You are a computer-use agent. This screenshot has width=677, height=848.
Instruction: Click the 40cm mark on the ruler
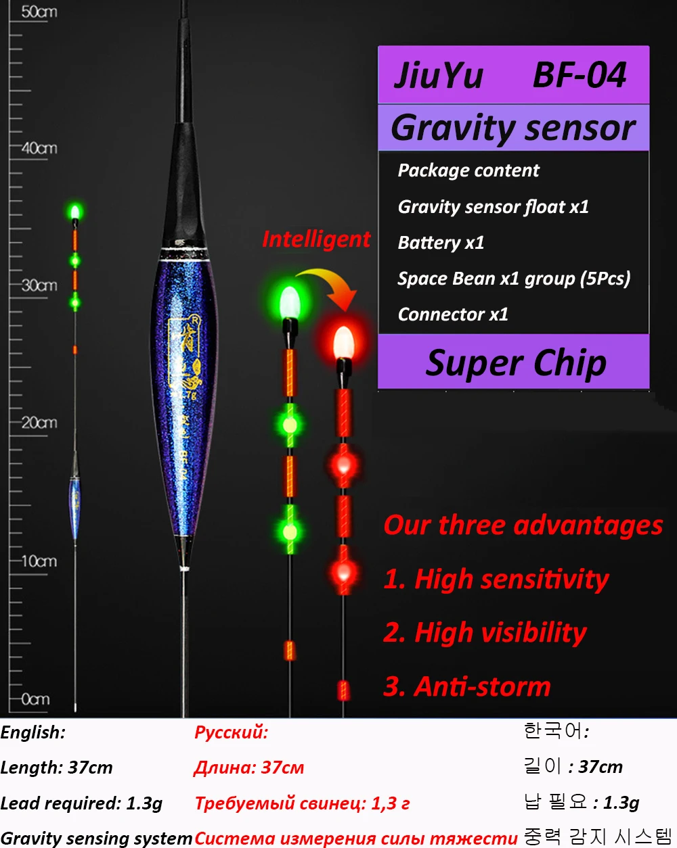[39, 147]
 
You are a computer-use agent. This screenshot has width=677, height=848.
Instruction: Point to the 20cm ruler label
[39, 423]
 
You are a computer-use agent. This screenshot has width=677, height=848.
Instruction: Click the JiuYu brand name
[439, 75]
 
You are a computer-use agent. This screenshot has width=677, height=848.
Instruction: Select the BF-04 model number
[580, 75]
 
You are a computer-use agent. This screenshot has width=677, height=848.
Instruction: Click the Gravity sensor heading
[513, 128]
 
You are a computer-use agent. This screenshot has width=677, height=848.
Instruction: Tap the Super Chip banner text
[516, 363]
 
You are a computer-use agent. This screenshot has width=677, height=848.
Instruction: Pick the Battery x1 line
[441, 243]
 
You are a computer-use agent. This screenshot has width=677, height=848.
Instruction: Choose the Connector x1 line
[452, 314]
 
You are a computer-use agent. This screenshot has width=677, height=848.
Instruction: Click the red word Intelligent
[316, 239]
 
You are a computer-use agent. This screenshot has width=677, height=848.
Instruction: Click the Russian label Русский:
[231, 732]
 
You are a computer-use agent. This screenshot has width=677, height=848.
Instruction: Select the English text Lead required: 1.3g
[81, 803]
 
